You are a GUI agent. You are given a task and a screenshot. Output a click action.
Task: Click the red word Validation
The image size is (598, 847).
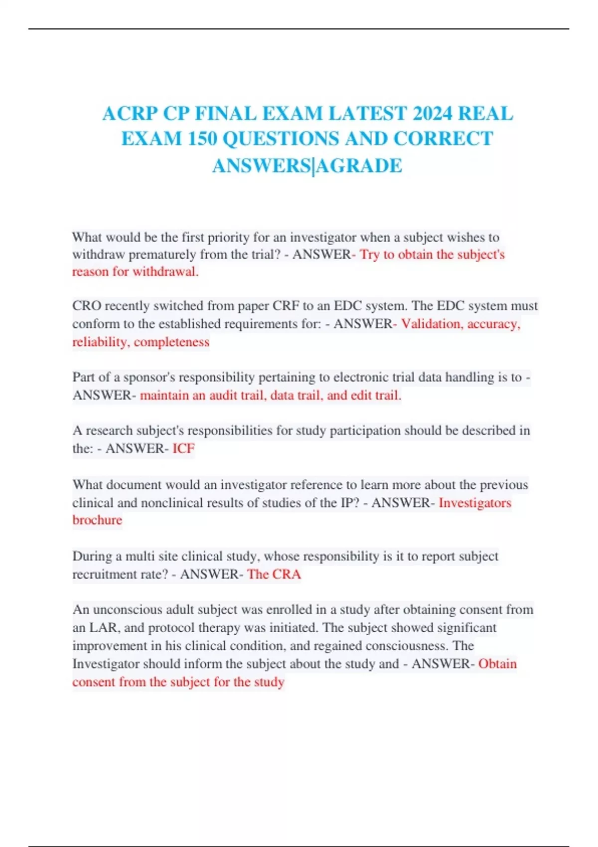432,324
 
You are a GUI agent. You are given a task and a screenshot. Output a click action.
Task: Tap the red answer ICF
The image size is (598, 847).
183,448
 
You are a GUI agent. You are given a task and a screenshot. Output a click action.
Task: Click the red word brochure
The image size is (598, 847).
97,520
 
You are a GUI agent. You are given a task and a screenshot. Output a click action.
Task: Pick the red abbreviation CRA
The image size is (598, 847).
286,574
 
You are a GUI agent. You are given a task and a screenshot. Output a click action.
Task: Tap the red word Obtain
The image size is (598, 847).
497,664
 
